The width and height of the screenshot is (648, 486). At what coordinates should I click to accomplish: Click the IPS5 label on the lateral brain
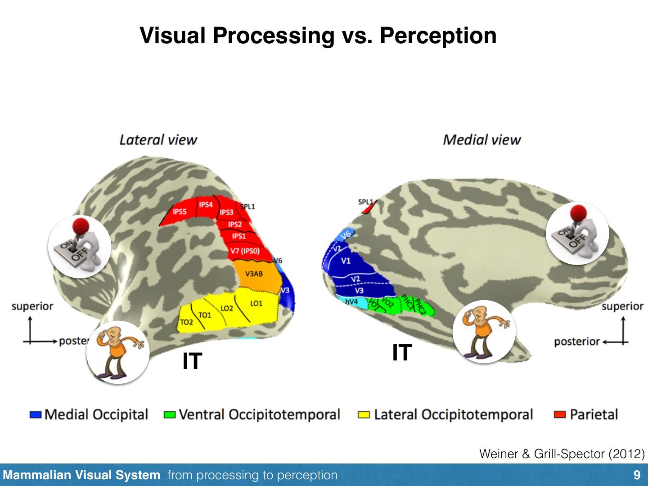click(180, 211)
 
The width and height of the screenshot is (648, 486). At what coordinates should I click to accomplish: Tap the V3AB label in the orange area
click(254, 274)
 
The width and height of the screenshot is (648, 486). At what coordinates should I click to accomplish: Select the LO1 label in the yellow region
click(256, 303)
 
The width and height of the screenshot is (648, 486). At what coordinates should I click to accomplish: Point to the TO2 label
click(186, 322)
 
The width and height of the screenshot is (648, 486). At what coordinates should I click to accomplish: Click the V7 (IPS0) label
click(245, 251)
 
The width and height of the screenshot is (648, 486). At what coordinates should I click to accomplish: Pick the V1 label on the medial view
click(346, 261)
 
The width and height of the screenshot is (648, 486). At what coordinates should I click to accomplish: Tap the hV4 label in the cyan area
click(351, 301)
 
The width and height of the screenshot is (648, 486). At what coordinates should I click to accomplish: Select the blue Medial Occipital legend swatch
click(36, 414)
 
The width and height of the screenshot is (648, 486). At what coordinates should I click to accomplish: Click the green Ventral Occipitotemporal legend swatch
click(170, 414)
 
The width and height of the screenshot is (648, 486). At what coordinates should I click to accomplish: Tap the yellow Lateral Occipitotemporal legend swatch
click(364, 414)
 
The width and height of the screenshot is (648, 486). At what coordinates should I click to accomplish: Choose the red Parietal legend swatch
click(560, 414)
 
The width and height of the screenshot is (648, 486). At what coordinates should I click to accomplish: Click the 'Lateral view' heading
click(158, 139)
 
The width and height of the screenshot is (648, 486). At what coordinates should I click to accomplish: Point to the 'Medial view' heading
click(481, 139)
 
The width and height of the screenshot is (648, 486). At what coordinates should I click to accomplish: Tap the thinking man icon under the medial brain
click(484, 332)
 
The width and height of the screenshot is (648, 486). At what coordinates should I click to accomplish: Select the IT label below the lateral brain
click(192, 361)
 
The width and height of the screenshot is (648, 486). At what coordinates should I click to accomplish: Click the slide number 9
click(637, 475)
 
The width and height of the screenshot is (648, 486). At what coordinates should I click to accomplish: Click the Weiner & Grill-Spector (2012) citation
click(562, 454)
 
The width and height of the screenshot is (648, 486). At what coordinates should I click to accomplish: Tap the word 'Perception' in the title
click(438, 35)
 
